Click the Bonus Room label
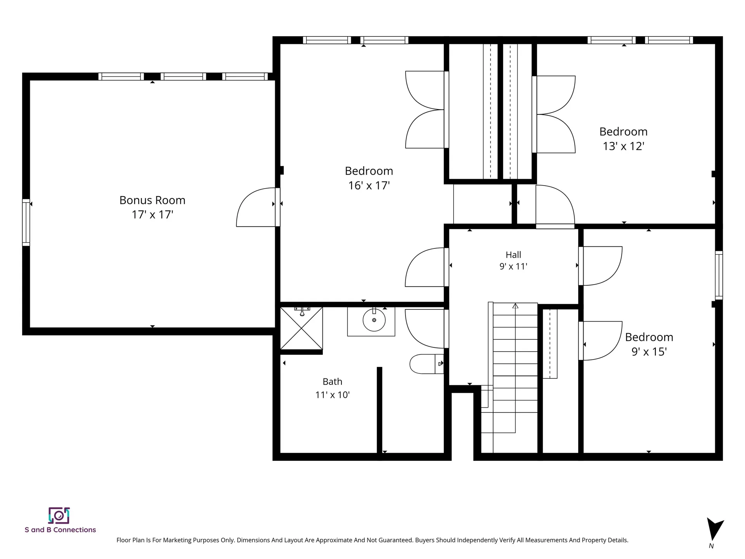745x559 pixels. [x=152, y=200]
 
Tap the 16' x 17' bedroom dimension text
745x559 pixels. [x=369, y=186]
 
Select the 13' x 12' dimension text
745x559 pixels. [x=623, y=146]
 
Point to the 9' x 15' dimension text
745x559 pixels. [x=649, y=352]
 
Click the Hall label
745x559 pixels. [x=513, y=255]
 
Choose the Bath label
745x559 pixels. [x=333, y=382]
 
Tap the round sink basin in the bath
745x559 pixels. [x=374, y=320]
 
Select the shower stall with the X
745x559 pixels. [x=301, y=328]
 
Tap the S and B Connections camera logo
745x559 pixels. [x=59, y=516]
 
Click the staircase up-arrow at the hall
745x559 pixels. [x=515, y=306]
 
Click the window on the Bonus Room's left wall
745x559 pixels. [x=26, y=222]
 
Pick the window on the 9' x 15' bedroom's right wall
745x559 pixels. [x=719, y=275]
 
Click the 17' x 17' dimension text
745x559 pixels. [x=152, y=215]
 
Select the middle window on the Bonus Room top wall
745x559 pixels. [x=183, y=76]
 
